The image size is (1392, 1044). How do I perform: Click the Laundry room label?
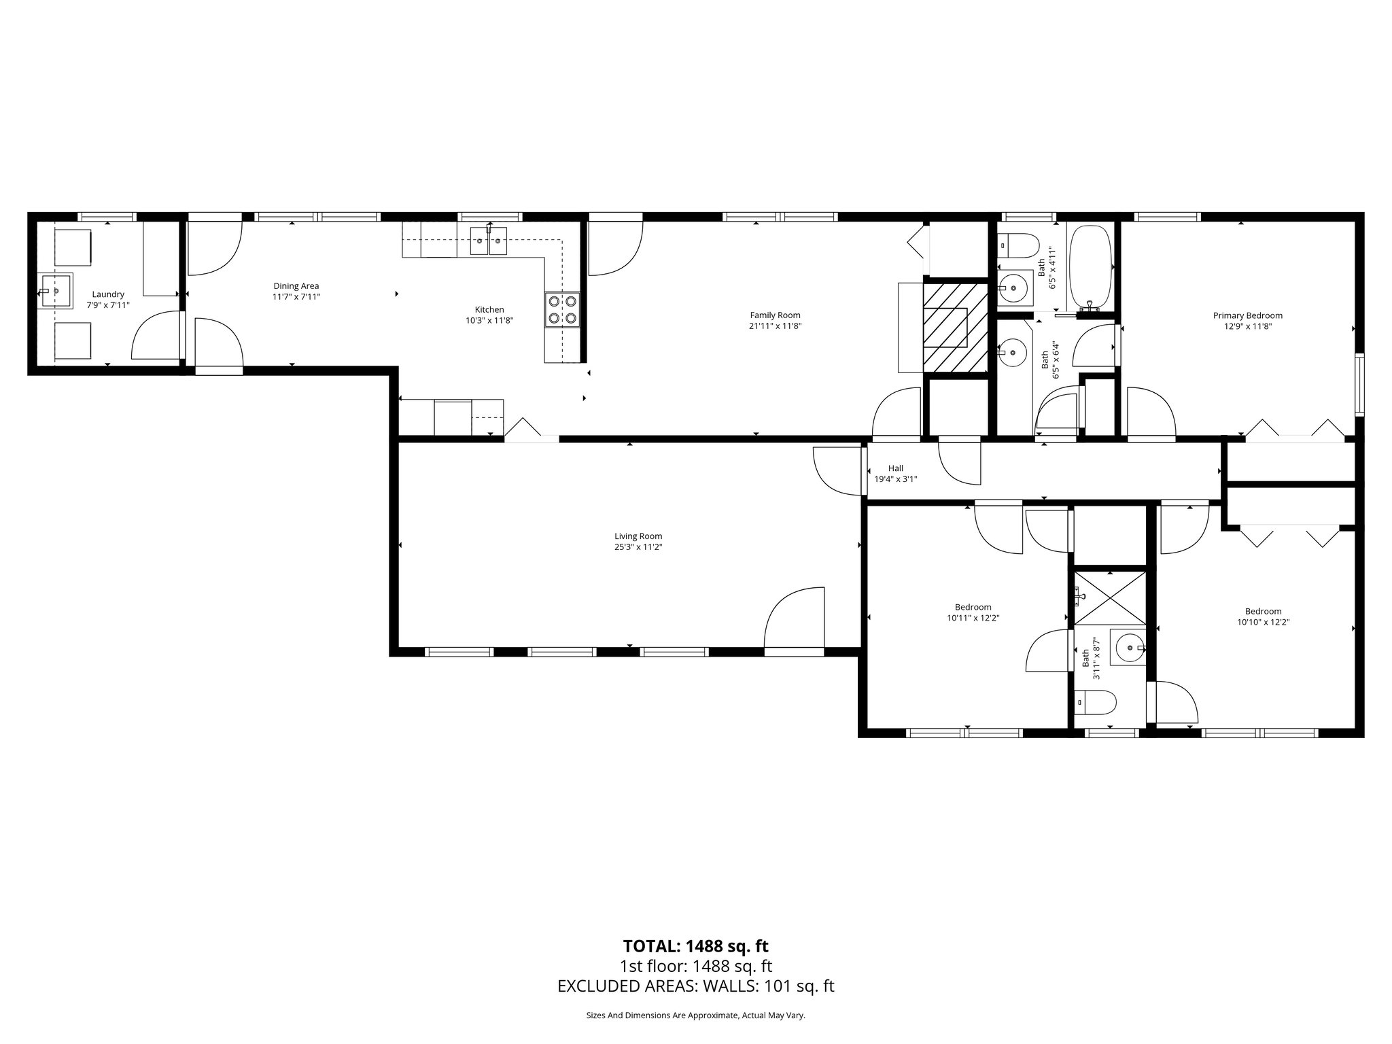tap(108, 294)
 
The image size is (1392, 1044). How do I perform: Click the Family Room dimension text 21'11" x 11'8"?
tap(775, 326)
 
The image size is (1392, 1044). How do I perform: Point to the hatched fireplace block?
tap(954, 328)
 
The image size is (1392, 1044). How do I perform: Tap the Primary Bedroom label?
tap(1247, 315)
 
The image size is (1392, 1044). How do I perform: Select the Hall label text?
tap(895, 468)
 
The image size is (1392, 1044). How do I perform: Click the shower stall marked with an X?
tap(1109, 598)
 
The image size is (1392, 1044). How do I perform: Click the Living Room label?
tap(638, 536)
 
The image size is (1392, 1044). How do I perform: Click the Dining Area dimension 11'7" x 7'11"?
tap(296, 297)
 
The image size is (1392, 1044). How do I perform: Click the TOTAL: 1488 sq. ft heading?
tap(695, 946)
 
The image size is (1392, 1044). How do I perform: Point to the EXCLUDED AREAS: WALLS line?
tap(695, 986)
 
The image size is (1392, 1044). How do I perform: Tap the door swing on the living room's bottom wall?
tap(794, 619)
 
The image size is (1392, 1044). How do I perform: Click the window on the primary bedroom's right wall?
tap(1359, 385)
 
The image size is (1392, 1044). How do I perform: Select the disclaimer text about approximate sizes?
tap(695, 1015)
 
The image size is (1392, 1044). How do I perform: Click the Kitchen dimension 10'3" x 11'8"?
tap(489, 320)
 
